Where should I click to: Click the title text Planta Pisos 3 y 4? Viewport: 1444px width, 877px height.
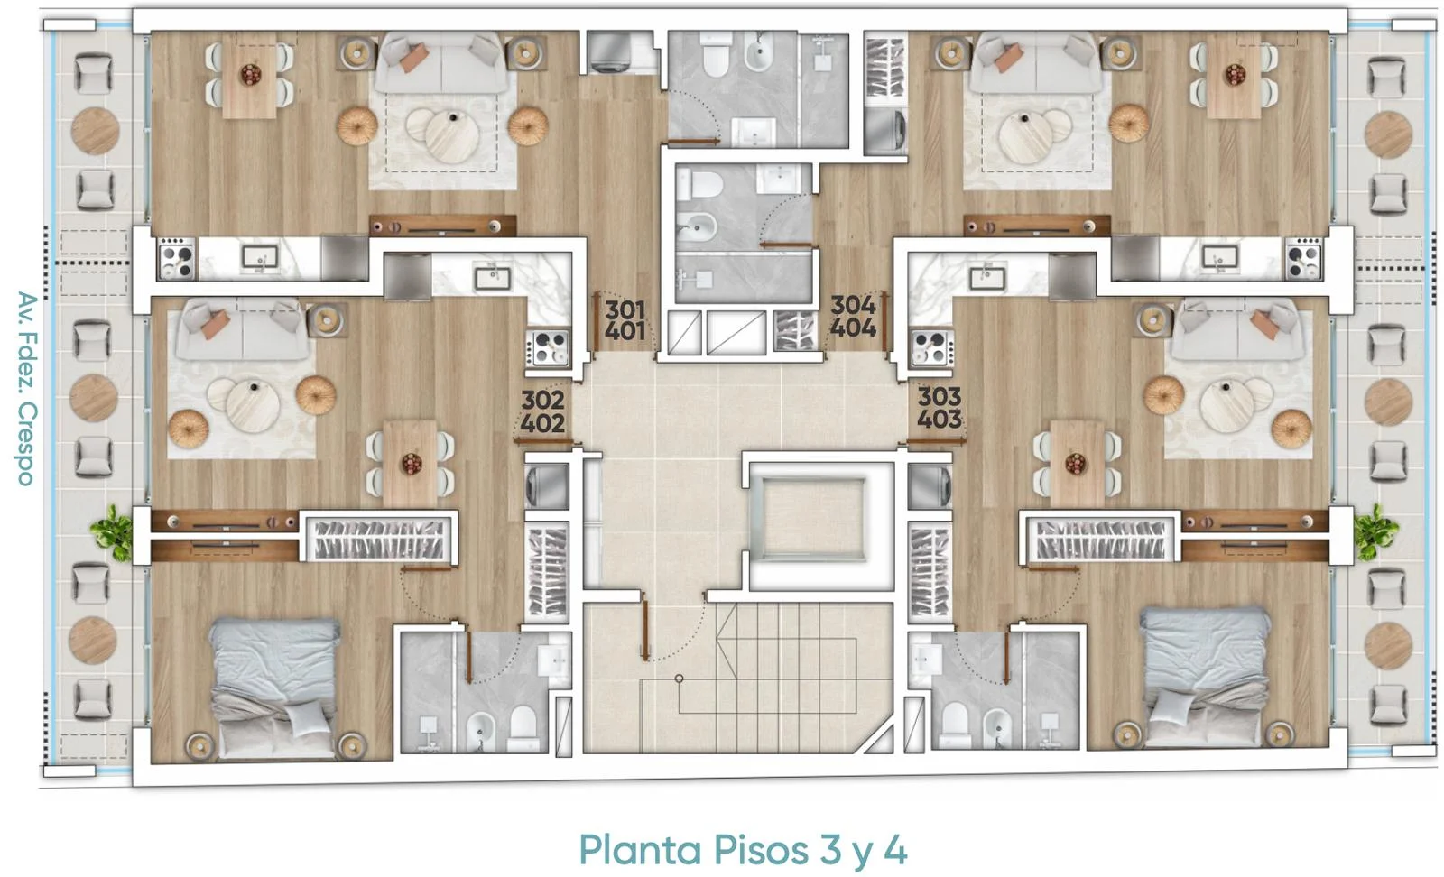743,850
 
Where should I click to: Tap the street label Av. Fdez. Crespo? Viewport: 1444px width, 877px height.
26,389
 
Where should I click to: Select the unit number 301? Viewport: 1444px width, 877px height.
625,310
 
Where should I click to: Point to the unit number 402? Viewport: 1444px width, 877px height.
542,423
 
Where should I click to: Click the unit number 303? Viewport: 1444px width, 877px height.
940,396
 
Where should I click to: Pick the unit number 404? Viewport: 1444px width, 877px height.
853,328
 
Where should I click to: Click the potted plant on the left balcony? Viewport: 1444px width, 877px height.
112,532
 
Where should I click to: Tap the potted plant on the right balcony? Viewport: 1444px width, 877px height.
1375,532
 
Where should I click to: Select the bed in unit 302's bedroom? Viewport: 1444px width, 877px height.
274,688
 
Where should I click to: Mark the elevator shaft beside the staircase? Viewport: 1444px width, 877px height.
812,520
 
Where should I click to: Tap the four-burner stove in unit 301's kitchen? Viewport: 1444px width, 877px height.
176,259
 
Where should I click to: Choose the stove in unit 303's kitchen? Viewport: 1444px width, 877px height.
930,348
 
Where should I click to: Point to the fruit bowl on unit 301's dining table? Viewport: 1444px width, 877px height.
251,75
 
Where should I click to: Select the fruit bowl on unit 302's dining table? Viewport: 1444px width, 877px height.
412,463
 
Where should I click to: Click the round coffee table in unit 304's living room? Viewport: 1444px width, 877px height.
1025,136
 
